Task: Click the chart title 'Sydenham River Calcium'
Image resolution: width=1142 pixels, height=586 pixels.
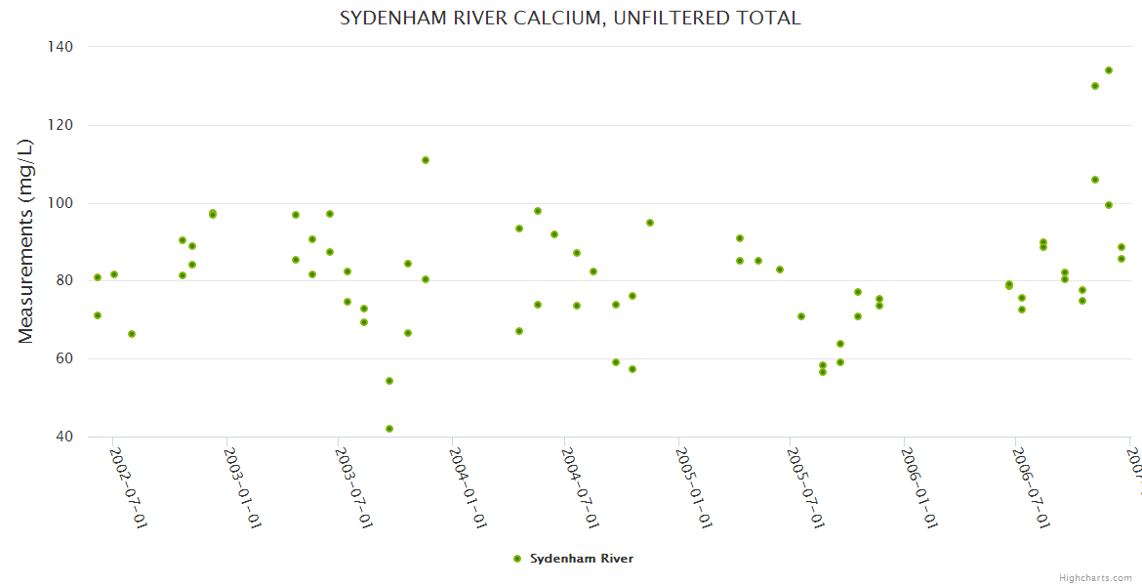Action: pos(570,19)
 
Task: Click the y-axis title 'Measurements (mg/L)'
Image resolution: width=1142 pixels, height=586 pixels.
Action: pos(26,241)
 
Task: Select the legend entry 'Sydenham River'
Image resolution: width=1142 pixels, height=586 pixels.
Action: pos(581,559)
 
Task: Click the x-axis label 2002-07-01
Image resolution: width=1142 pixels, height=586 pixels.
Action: pos(128,488)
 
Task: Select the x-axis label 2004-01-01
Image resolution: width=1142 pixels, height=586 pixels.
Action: pos(468,488)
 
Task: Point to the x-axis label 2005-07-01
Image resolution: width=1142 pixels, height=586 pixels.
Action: pos(806,488)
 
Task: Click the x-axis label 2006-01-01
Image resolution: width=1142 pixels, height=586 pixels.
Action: pos(919,488)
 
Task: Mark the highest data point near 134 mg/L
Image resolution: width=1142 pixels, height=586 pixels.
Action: pos(1109,70)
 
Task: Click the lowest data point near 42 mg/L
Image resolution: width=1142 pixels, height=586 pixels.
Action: pos(389,429)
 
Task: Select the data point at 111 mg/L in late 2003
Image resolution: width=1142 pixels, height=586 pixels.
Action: pos(426,160)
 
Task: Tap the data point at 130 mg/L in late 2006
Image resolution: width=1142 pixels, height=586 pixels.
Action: pos(1095,86)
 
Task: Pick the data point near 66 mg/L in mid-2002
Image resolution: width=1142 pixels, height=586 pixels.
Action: pos(132,334)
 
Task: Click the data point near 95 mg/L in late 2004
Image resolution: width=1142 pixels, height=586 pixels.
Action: pos(650,223)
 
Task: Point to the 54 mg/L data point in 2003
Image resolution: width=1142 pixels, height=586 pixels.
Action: pos(389,381)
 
